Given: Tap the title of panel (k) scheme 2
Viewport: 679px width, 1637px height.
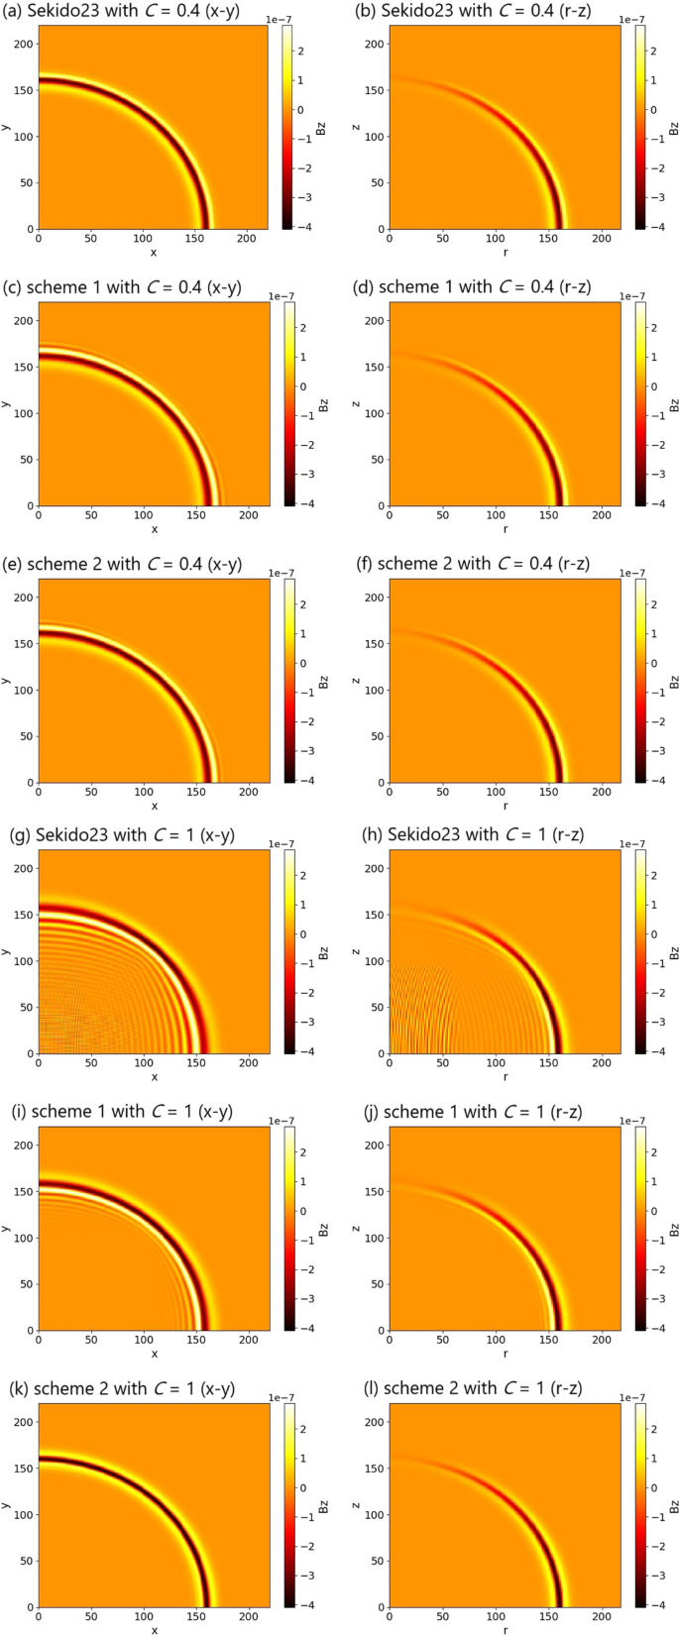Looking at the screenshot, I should (x=134, y=1388).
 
